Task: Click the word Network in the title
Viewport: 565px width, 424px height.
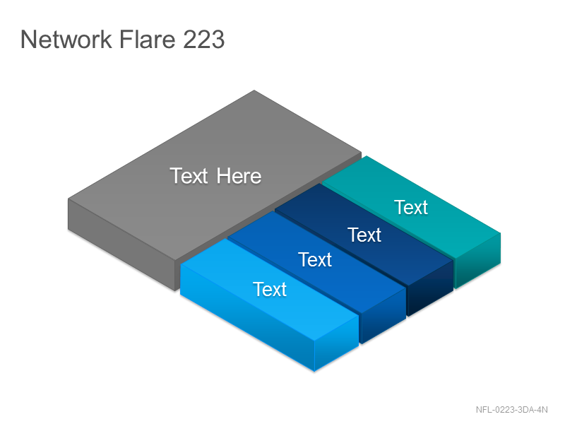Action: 66,39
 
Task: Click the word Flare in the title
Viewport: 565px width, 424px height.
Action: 147,39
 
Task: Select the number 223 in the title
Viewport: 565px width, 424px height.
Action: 203,39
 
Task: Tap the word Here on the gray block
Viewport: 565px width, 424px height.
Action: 239,176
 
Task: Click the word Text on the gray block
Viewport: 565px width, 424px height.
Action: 189,176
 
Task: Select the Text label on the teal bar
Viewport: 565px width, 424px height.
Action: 411,207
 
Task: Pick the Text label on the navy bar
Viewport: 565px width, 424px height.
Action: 364,235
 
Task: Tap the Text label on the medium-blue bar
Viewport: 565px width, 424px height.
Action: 315,259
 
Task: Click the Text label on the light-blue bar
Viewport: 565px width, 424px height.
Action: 270,289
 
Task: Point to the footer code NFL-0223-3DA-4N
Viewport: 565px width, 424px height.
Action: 511,410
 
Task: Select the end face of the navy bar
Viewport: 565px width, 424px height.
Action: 430,288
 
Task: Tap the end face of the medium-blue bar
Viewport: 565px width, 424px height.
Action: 383,316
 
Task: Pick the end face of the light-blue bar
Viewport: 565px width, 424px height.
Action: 337,343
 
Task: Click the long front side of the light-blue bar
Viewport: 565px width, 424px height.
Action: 247,317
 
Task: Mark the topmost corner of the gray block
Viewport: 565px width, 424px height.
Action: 254,90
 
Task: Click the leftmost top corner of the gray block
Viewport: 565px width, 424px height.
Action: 68,199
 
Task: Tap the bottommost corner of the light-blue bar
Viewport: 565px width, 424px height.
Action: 314,371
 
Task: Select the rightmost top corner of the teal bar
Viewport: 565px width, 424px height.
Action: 501,233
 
